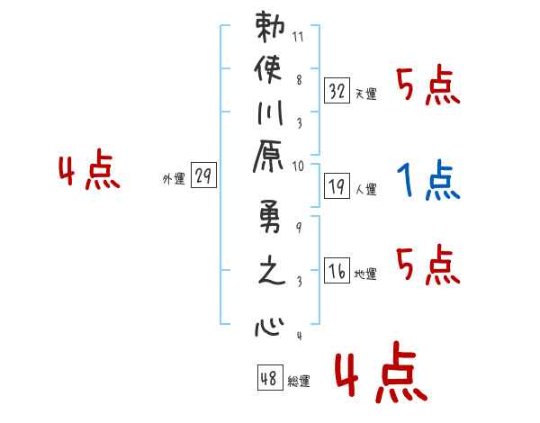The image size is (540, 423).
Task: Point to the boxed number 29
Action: [x=203, y=176]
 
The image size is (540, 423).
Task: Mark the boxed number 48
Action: [x=269, y=377]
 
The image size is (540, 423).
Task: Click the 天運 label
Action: [x=365, y=94]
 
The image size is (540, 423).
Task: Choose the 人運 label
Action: [x=365, y=190]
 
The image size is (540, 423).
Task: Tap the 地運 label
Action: [x=365, y=274]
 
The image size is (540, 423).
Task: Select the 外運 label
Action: [x=174, y=179]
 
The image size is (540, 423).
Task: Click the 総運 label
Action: [x=299, y=381]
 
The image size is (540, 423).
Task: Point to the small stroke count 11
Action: [x=298, y=38]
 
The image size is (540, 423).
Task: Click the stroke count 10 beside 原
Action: [x=298, y=166]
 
